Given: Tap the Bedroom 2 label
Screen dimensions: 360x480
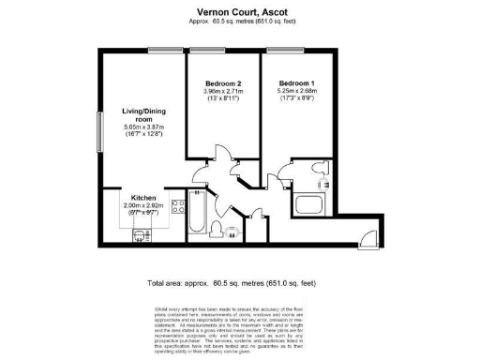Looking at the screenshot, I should [x=224, y=84].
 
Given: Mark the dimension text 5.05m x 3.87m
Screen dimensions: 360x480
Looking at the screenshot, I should [x=144, y=127].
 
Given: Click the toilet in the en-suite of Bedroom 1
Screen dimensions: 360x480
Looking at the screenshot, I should [x=323, y=186].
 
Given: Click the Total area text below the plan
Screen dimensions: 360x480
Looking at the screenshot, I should [x=240, y=281].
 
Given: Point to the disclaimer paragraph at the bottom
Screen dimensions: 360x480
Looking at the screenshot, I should [x=240, y=328].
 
